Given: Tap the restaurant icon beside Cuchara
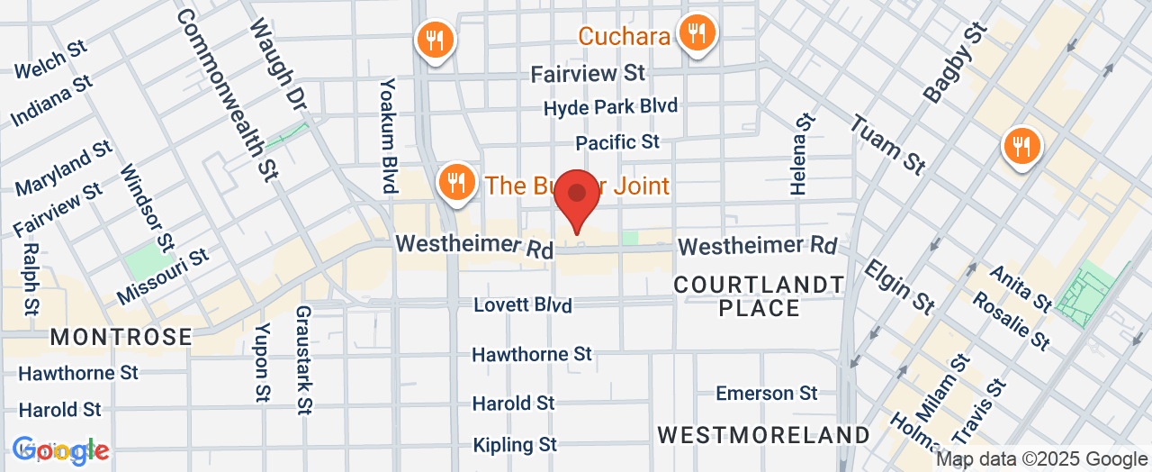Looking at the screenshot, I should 696,35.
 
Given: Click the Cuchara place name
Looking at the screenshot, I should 624,36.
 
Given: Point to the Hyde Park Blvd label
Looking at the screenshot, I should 610,107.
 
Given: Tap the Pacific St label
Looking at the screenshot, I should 617,142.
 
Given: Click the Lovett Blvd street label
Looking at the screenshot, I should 523,304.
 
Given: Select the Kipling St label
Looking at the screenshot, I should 517,445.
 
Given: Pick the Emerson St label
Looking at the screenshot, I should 767,393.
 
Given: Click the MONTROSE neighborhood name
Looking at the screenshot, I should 121,338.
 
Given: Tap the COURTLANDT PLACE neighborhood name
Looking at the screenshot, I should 760,296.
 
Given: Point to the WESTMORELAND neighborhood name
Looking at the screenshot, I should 764,435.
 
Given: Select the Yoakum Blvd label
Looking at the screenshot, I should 388,135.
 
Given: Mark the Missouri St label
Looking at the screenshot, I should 163,277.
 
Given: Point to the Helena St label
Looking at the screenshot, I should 801,154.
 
